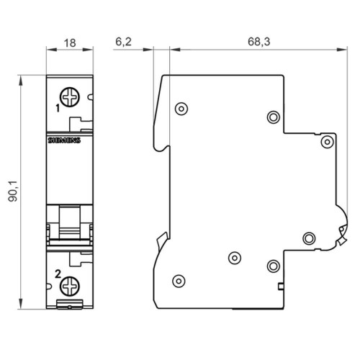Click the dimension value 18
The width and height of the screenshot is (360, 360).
point(70,42)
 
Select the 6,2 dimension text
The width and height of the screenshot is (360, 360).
point(123,42)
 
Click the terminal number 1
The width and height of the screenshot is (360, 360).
point(57,109)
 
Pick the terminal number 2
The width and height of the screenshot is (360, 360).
point(57,272)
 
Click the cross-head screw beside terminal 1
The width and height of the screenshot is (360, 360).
point(70,96)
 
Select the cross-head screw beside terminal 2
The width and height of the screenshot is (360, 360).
point(70,287)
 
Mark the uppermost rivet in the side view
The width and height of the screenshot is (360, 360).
point(181,109)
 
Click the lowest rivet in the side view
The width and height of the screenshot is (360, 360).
point(179,281)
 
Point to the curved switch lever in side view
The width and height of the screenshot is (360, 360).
point(338,227)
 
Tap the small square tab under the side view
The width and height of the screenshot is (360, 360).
point(279,287)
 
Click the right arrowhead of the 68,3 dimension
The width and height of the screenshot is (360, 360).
point(340,50)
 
